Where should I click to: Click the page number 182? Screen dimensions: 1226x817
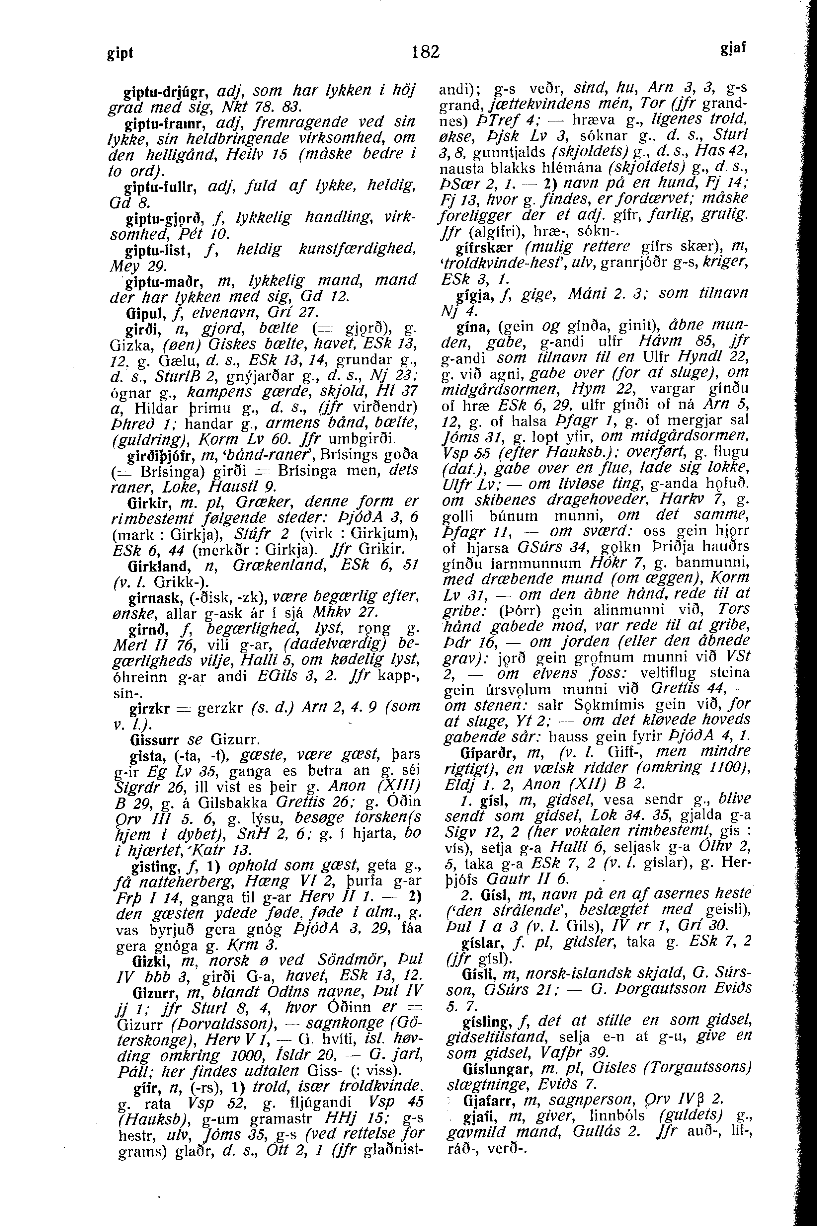click(x=426, y=51)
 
